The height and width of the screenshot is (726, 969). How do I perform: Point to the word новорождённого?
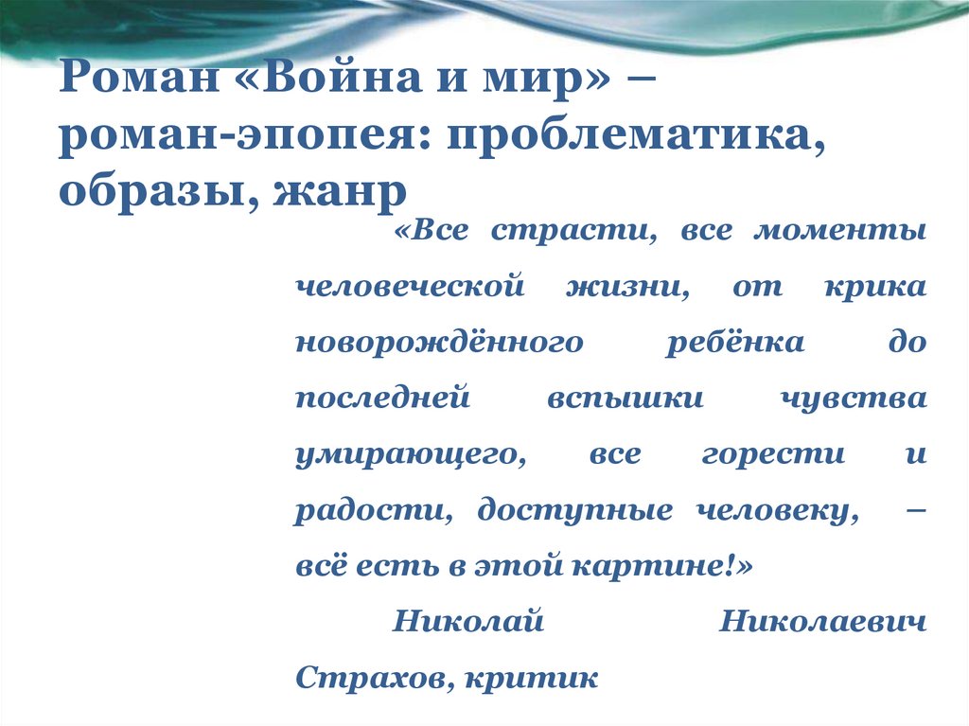[439, 343]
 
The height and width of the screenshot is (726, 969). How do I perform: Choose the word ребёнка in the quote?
[734, 343]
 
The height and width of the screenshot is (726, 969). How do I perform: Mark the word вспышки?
[625, 398]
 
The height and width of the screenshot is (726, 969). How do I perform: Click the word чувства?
[851, 398]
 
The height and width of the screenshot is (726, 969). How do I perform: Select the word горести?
[773, 454]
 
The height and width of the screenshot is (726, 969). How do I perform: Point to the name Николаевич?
[822, 622]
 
